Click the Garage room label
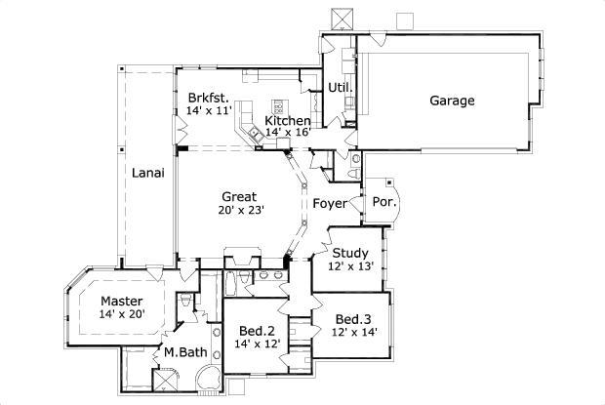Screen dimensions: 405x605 tap(452, 100)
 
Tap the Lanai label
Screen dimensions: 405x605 tap(148, 173)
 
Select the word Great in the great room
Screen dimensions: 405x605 tap(238, 196)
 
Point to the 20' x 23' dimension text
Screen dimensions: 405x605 tap(239, 209)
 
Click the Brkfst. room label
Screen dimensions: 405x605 tap(208, 99)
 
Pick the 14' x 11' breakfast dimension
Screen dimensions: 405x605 tap(208, 112)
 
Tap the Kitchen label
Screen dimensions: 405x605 tap(288, 120)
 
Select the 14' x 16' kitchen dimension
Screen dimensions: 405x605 tap(286, 132)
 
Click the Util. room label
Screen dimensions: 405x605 tap(340, 87)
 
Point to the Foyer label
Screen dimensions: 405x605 tap(329, 204)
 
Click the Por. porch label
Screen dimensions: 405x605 tap(382, 203)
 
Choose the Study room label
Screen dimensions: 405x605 tap(349, 253)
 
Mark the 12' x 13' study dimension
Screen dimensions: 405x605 tap(349, 265)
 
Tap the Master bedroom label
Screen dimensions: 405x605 tap(122, 301)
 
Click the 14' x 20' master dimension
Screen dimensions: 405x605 tap(122, 314)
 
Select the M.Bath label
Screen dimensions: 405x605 tap(183, 352)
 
